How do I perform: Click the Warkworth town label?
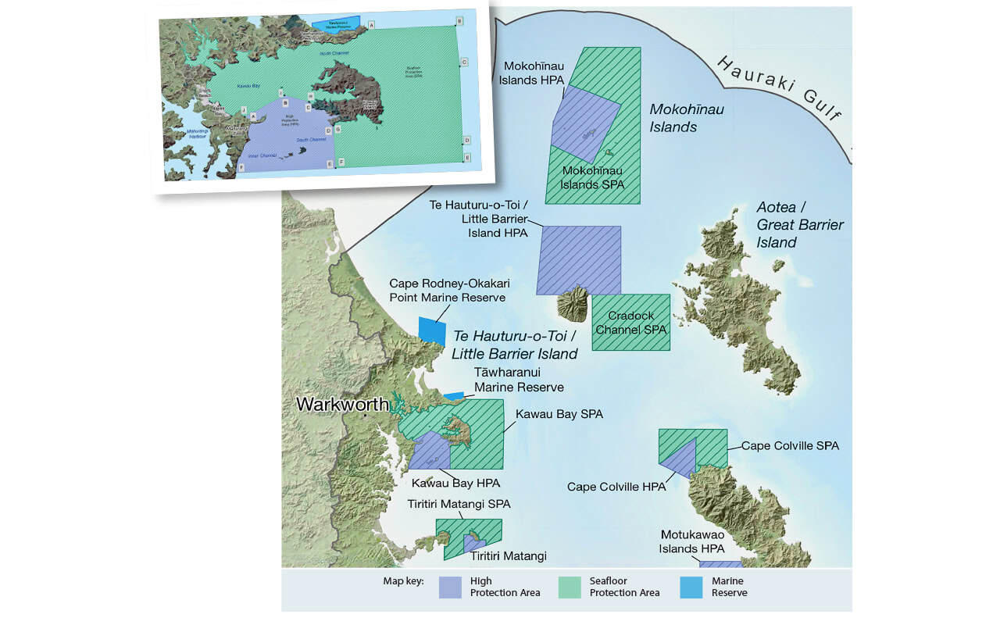(x=341, y=405)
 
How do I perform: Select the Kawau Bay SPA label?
(x=559, y=414)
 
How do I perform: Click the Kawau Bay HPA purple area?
(x=427, y=451)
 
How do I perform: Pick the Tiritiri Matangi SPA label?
(x=459, y=504)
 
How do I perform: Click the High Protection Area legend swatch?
(x=451, y=587)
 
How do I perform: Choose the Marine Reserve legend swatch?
(x=691, y=587)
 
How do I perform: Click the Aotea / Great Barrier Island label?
(x=799, y=224)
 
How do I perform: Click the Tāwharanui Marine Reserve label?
(x=519, y=380)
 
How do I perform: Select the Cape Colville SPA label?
(x=790, y=445)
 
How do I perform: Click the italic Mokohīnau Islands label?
(x=687, y=117)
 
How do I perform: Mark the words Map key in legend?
(x=403, y=581)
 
